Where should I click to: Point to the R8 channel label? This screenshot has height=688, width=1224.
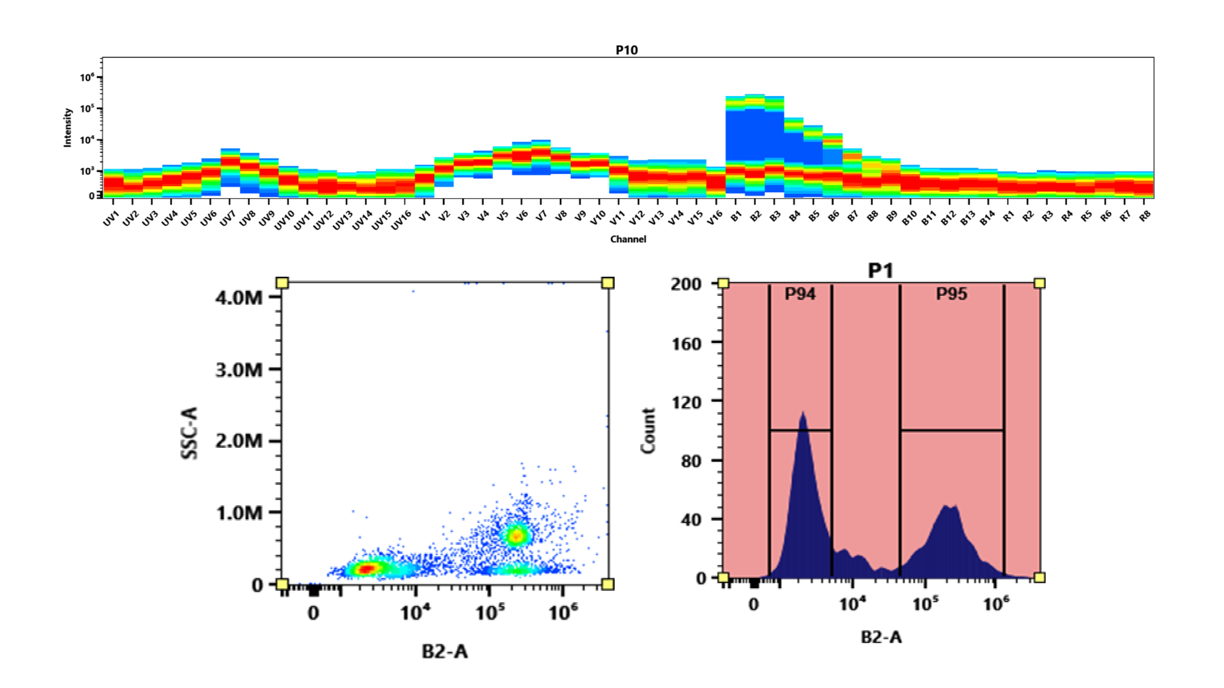(1145, 216)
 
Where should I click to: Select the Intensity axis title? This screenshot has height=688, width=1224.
(68, 127)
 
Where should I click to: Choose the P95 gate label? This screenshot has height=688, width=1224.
(951, 294)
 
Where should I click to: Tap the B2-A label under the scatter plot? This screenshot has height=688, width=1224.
(445, 651)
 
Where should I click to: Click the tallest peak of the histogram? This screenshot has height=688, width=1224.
(802, 413)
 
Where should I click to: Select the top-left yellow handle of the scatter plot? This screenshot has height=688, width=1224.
(282, 283)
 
